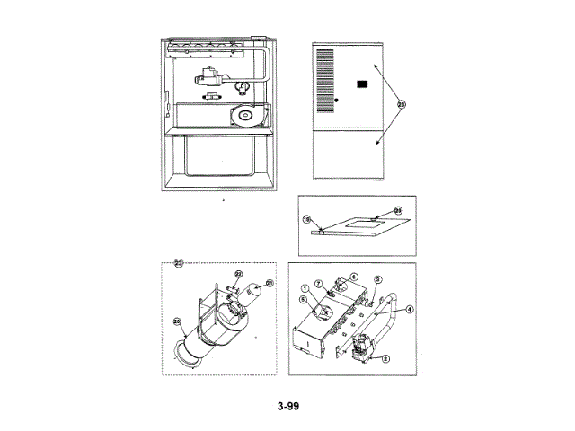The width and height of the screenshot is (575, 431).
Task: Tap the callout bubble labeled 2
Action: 385,358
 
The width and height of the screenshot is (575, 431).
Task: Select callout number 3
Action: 378,280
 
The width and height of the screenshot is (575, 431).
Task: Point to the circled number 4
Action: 410,309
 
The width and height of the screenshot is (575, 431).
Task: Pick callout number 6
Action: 353,277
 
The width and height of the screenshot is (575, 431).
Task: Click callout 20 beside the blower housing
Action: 177,321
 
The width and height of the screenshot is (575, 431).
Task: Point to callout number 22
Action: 239,273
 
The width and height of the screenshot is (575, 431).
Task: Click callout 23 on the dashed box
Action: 178,263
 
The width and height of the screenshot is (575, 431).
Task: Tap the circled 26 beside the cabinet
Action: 401,104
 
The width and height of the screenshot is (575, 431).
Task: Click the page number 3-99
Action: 287,406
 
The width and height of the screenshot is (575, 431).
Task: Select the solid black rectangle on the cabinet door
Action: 363,84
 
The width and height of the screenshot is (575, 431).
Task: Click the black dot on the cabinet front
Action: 336,101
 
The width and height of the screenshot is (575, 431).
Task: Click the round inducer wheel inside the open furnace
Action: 243,115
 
